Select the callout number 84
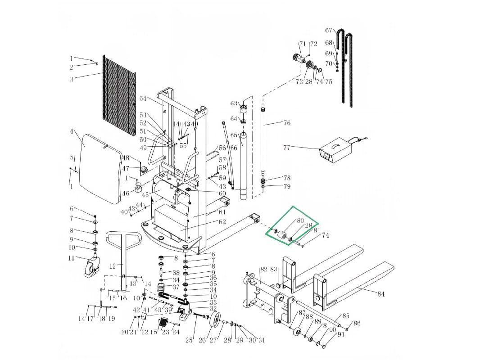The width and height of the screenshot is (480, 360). [381, 294]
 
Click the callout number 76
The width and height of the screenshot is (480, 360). [287, 123]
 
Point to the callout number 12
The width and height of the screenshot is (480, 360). [113, 266]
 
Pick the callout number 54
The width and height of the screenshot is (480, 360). [143, 99]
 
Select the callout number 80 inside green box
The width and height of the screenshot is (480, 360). [300, 221]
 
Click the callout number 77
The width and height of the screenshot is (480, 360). [287, 148]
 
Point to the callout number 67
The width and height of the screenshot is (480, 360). [329, 30]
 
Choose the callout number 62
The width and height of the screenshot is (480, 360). [222, 222]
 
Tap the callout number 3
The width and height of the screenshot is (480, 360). [71, 79]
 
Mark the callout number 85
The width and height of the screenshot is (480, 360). [346, 316]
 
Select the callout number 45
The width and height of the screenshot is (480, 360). [145, 195]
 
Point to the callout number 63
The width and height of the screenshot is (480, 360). [234, 103]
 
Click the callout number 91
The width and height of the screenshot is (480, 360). [340, 334]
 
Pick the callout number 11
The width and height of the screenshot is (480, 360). [71, 258]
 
